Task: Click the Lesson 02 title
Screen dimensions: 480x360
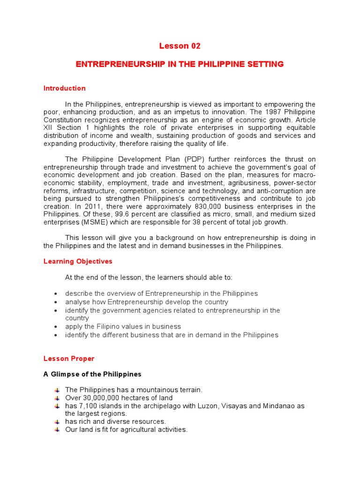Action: (180, 46)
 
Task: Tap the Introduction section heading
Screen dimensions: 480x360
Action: (65, 88)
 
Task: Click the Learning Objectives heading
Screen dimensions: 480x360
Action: (78, 262)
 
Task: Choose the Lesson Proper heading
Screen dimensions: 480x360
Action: (69, 359)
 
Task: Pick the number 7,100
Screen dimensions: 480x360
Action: (88, 406)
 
